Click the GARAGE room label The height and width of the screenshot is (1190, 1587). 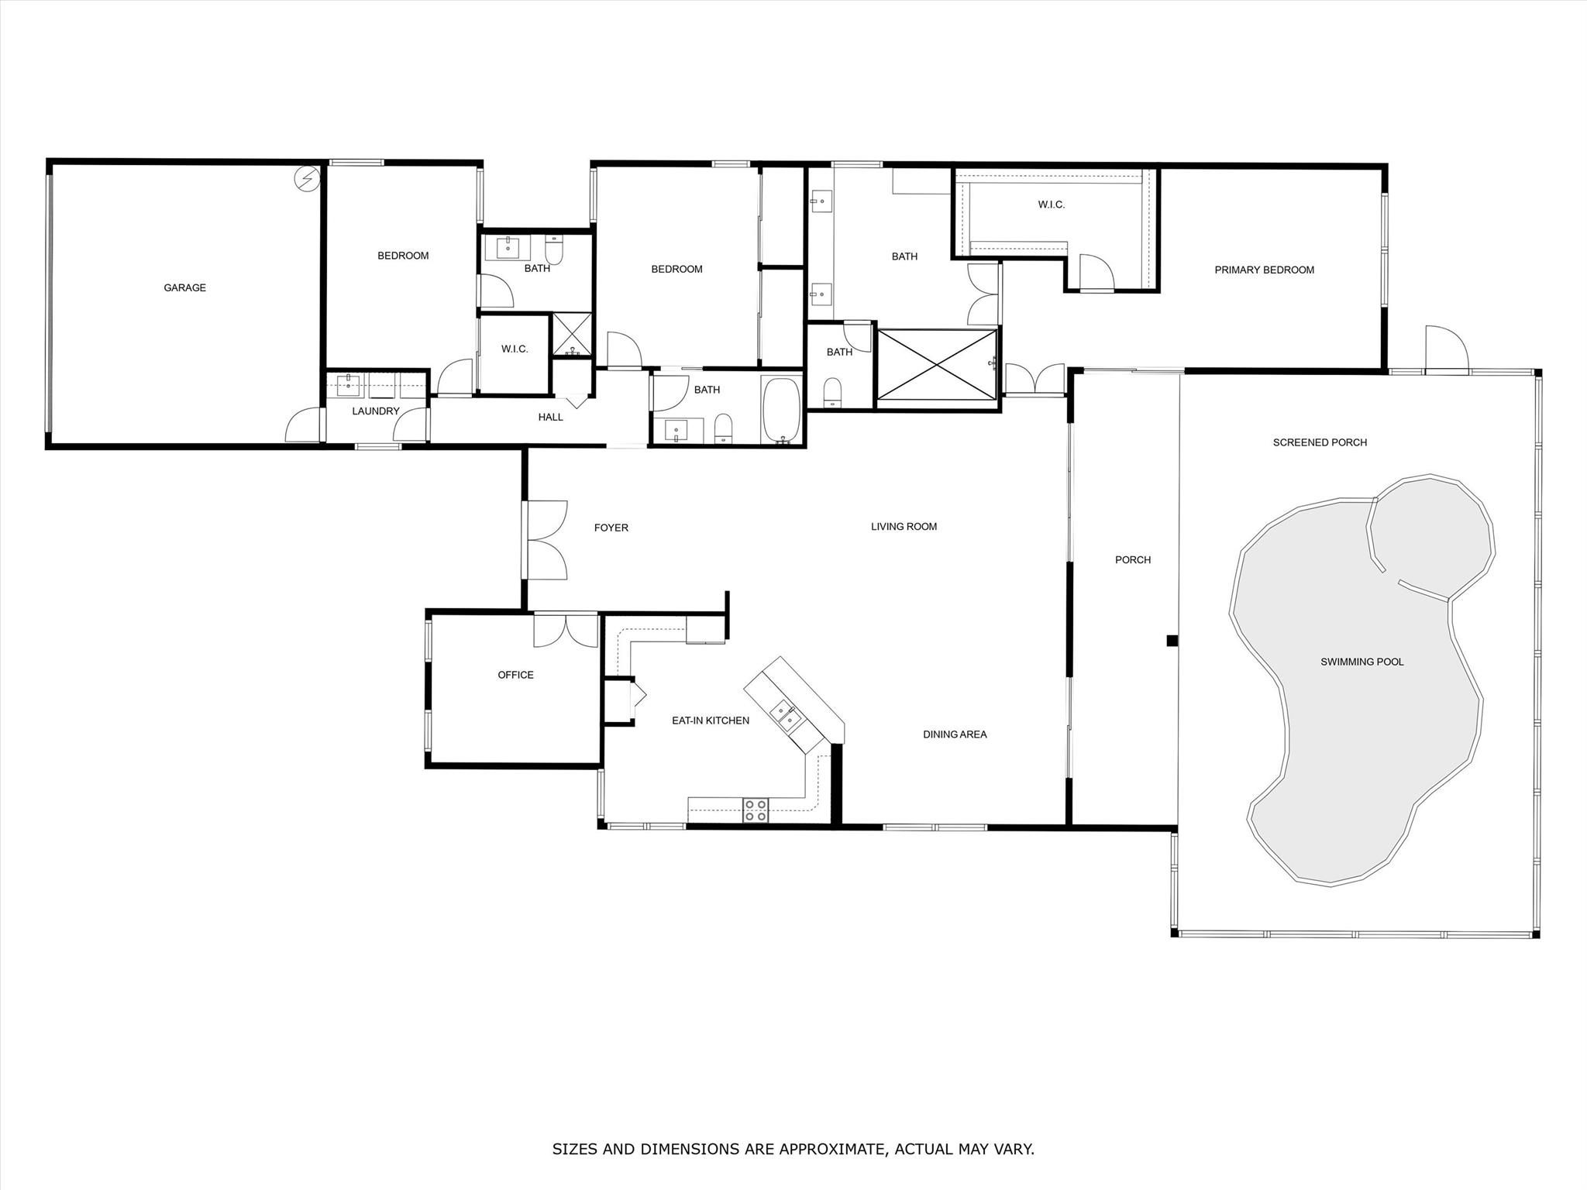click(184, 287)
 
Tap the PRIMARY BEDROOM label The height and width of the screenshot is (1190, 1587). click(1264, 270)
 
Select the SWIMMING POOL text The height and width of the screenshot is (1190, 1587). click(1362, 662)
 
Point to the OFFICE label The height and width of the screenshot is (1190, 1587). click(515, 675)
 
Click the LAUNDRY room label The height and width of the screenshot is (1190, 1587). click(376, 411)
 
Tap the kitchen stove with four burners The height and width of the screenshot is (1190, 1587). click(756, 810)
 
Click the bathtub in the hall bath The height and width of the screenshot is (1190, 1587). click(783, 411)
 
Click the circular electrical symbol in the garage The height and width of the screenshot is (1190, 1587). click(306, 179)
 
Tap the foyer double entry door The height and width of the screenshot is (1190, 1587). click(546, 540)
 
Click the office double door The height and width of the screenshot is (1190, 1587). click(566, 630)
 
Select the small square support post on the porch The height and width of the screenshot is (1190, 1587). click(1172, 641)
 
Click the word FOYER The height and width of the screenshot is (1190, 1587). click(611, 528)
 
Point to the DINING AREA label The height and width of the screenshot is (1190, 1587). click(955, 734)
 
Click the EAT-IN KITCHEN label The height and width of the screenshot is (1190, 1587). click(711, 721)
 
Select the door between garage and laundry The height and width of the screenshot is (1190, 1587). click(304, 425)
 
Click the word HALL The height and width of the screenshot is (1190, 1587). click(551, 418)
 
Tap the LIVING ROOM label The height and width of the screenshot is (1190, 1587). click(904, 527)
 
